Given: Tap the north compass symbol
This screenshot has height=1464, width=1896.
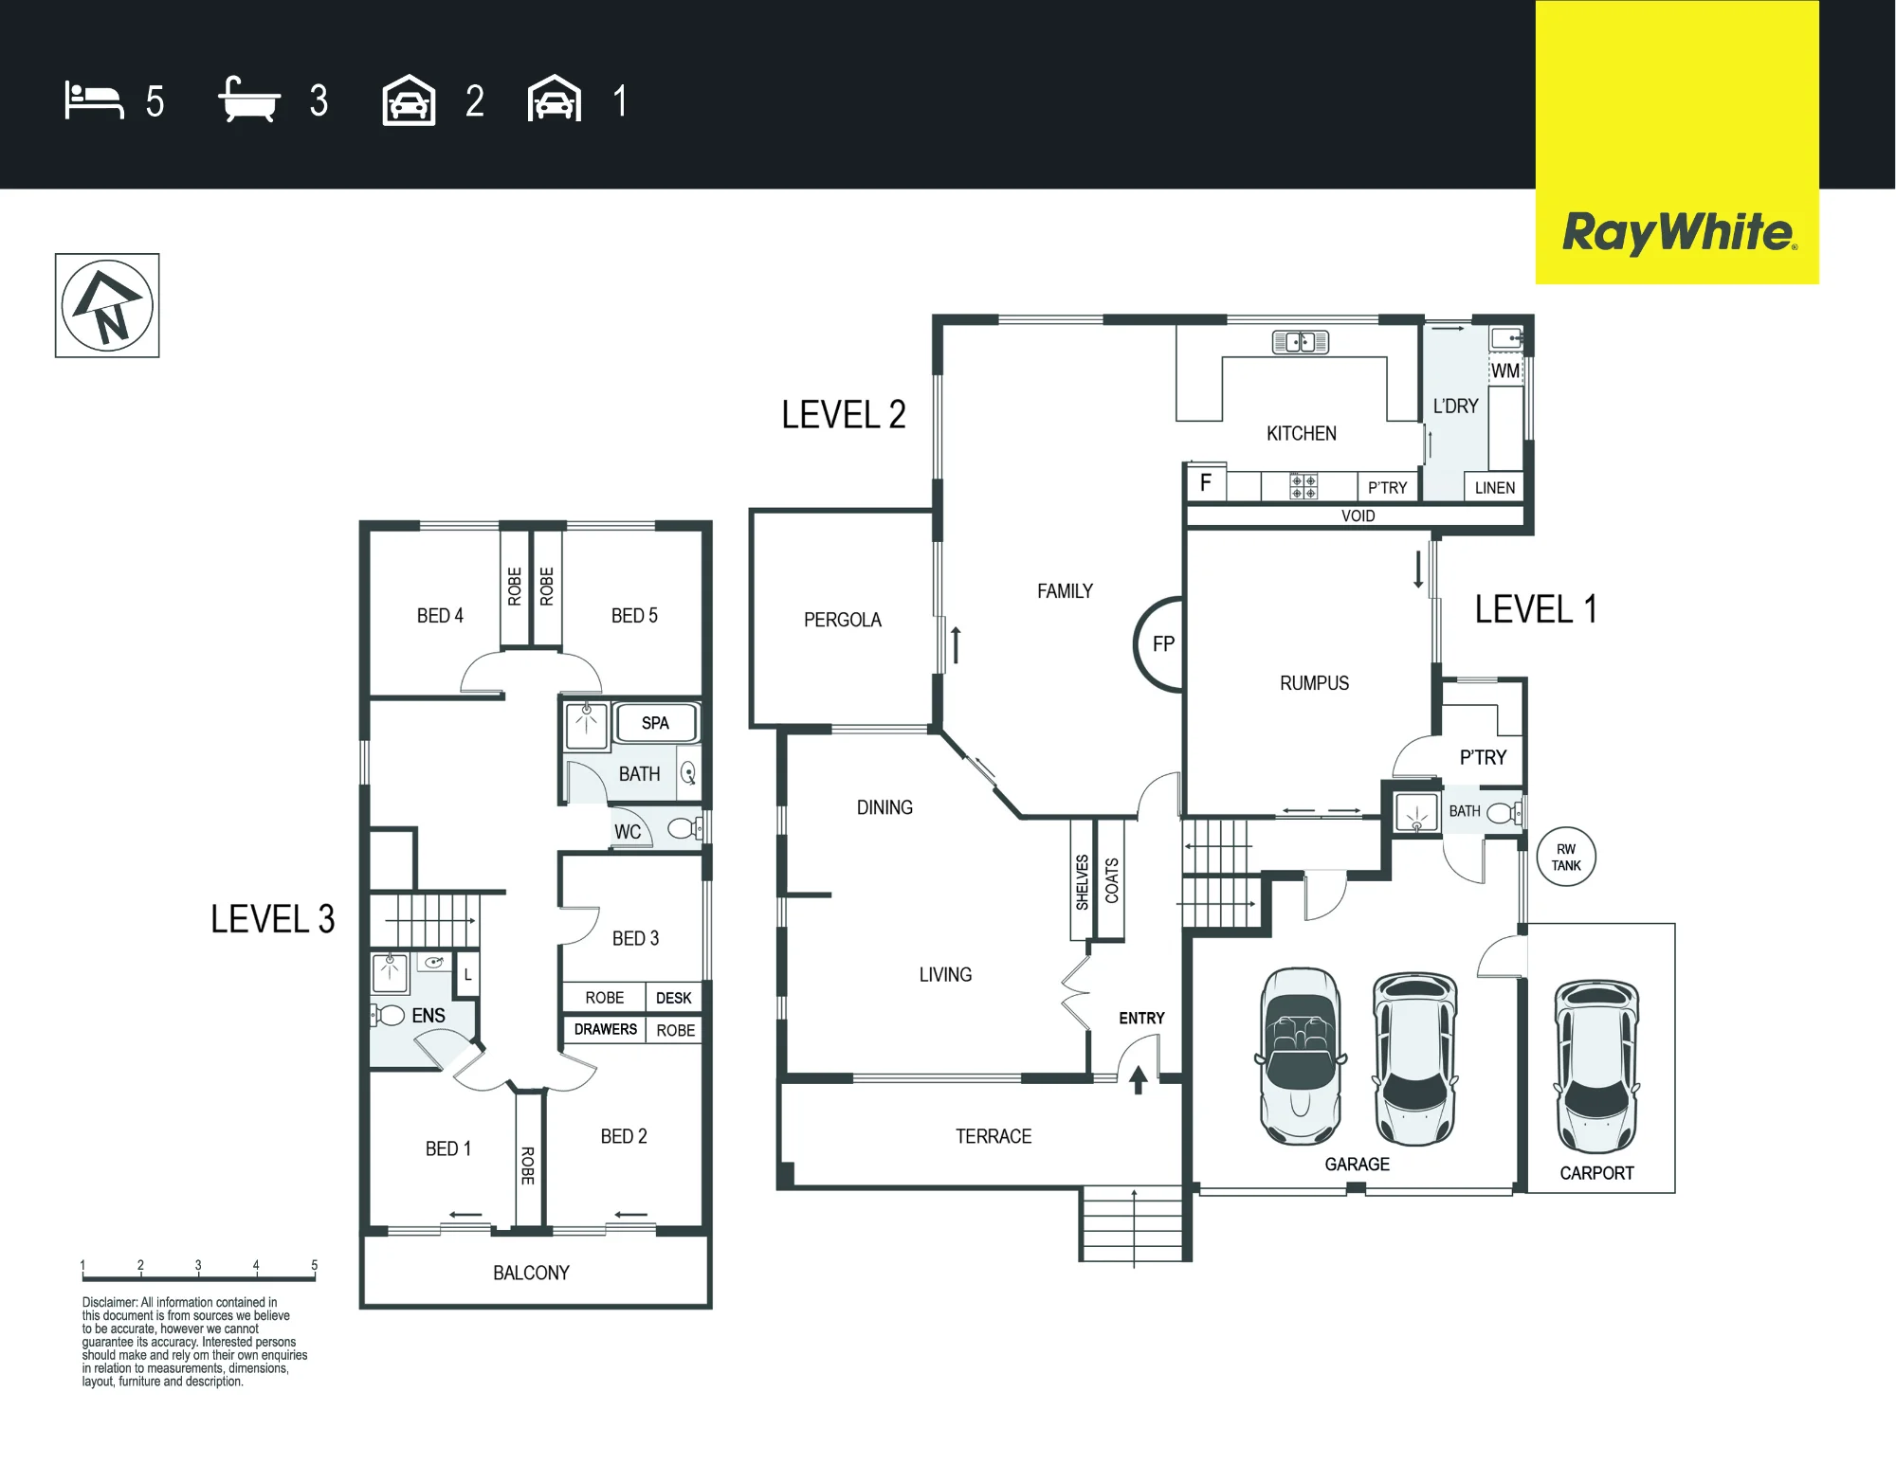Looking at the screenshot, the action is (x=107, y=305).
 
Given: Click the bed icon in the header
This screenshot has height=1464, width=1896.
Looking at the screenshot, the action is (x=94, y=100).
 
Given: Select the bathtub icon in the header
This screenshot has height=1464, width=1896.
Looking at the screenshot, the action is (x=249, y=99).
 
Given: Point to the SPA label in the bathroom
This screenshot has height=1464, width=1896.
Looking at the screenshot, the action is (x=655, y=723).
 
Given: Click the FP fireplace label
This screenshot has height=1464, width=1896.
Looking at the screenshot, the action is (x=1163, y=644).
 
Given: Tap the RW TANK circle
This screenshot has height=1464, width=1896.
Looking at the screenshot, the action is (x=1566, y=857).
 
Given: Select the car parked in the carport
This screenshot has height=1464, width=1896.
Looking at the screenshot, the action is (x=1597, y=1066).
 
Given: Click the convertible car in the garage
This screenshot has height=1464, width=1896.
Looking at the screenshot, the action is (x=1301, y=1057).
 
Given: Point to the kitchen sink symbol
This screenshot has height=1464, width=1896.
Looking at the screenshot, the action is (x=1301, y=342).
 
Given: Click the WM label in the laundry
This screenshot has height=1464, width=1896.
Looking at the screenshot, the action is (x=1505, y=371).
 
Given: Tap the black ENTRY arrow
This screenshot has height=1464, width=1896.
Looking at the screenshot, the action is (x=1139, y=1079).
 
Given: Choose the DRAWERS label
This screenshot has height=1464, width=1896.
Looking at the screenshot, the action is (x=606, y=1029).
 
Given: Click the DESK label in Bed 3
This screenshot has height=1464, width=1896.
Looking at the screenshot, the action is (x=674, y=998).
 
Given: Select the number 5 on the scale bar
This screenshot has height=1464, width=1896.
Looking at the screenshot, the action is (x=315, y=1265).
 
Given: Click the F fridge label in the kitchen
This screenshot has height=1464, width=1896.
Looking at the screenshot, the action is (x=1206, y=482).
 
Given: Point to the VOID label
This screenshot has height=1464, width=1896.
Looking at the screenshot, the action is (x=1358, y=515).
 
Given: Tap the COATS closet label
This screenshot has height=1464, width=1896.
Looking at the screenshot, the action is (x=1112, y=880).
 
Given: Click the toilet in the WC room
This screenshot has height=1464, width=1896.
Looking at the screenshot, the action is (x=684, y=828).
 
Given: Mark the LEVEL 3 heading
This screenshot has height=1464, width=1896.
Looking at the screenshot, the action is (x=273, y=919).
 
